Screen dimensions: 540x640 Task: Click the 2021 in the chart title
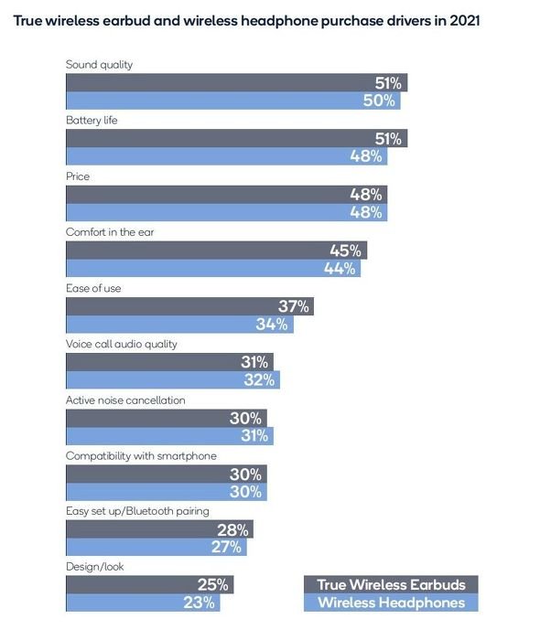pyautogui.click(x=465, y=20)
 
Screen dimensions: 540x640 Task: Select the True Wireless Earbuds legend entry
pyautogui.click(x=391, y=584)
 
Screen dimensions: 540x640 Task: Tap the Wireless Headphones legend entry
pyautogui.click(x=391, y=603)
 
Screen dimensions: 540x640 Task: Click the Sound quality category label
pyautogui.click(x=99, y=65)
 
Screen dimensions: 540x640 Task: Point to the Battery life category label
pyautogui.click(x=92, y=120)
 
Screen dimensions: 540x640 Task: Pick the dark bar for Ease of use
pyautogui.click(x=190, y=306)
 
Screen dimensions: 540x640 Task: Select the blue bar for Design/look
pyautogui.click(x=143, y=603)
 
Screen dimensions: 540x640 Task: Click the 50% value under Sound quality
pyautogui.click(x=379, y=101)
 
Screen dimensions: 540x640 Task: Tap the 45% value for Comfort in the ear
pyautogui.click(x=346, y=251)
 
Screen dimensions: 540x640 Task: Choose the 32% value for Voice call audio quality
pyautogui.click(x=259, y=379)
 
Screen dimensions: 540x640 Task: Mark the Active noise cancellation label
pyautogui.click(x=125, y=400)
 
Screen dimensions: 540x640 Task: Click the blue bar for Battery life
pyautogui.click(x=227, y=156)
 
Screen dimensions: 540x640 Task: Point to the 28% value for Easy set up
pyautogui.click(x=232, y=529)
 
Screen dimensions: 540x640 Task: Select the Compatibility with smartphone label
pyautogui.click(x=141, y=456)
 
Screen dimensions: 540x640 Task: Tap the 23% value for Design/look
pyautogui.click(x=199, y=603)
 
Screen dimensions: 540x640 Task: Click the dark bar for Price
pyautogui.click(x=227, y=194)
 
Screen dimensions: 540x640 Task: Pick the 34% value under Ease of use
pyautogui.click(x=272, y=324)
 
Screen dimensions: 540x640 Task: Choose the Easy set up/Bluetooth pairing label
pyautogui.click(x=137, y=511)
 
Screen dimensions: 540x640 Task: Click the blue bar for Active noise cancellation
pyautogui.click(x=170, y=436)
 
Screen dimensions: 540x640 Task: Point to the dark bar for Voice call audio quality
pyautogui.click(x=170, y=362)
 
